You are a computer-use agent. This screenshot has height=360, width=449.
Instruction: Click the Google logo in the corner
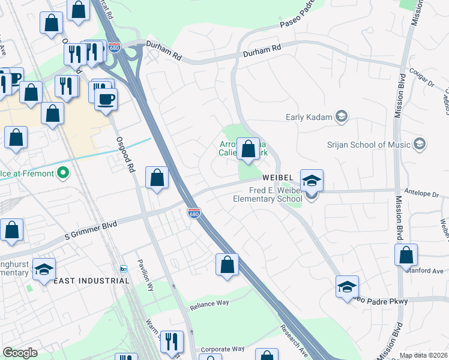coord(20,353)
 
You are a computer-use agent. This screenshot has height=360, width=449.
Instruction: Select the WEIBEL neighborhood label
coord(277,178)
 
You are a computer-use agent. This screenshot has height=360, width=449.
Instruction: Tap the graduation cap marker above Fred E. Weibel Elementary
coord(312,180)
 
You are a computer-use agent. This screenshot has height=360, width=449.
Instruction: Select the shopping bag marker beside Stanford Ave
coord(406,254)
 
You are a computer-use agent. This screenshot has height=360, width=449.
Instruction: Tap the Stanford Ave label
coord(427,270)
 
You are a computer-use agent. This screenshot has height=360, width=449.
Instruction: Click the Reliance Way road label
coord(209,304)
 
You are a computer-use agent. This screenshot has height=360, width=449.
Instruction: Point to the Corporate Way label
coord(223,349)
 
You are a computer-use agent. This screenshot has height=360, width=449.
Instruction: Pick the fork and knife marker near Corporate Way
coord(172,342)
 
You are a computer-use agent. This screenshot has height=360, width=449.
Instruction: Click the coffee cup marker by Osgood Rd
coord(106,100)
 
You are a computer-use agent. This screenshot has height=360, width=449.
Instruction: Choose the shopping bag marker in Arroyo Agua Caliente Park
coord(248,149)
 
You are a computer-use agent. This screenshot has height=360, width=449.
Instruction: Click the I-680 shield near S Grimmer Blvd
coord(193,213)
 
